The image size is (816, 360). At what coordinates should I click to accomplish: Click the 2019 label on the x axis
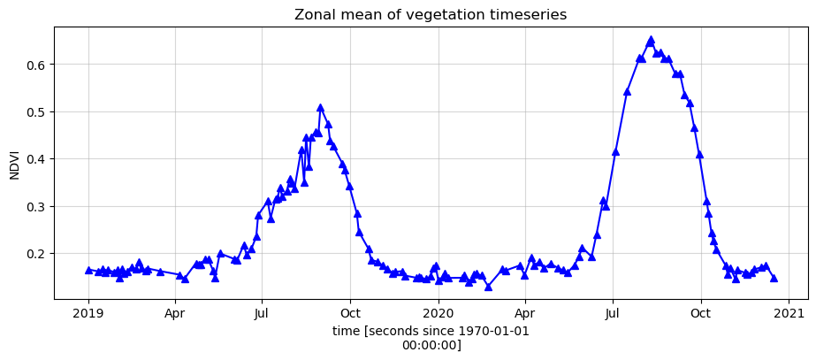coord(88,312)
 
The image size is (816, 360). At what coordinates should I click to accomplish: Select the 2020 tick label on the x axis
coord(439,312)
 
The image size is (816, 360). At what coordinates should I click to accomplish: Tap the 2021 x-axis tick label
coord(789,312)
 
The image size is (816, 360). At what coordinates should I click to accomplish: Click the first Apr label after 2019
coord(175,312)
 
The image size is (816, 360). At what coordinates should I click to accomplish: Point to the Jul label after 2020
coord(613,312)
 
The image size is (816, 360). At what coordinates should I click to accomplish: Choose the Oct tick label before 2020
coord(350,312)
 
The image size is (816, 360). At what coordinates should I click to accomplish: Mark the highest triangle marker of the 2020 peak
coord(651,40)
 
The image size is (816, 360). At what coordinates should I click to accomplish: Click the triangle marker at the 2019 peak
coord(320,108)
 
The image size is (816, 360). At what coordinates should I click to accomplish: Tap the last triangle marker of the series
coord(774,278)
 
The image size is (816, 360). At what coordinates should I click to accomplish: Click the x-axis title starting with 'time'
coord(432,331)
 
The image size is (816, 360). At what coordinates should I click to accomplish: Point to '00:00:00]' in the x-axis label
coord(432,345)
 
